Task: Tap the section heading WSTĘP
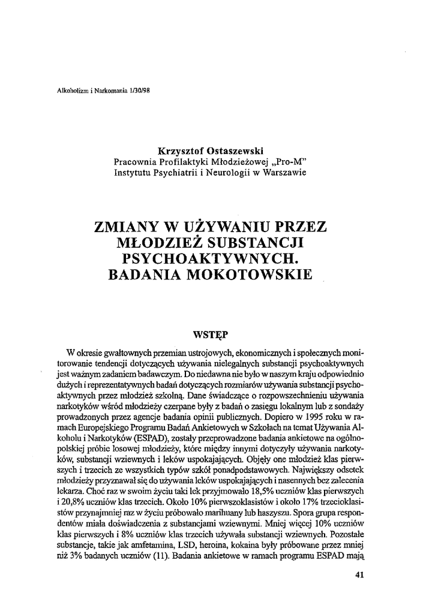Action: [x=209, y=332]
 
